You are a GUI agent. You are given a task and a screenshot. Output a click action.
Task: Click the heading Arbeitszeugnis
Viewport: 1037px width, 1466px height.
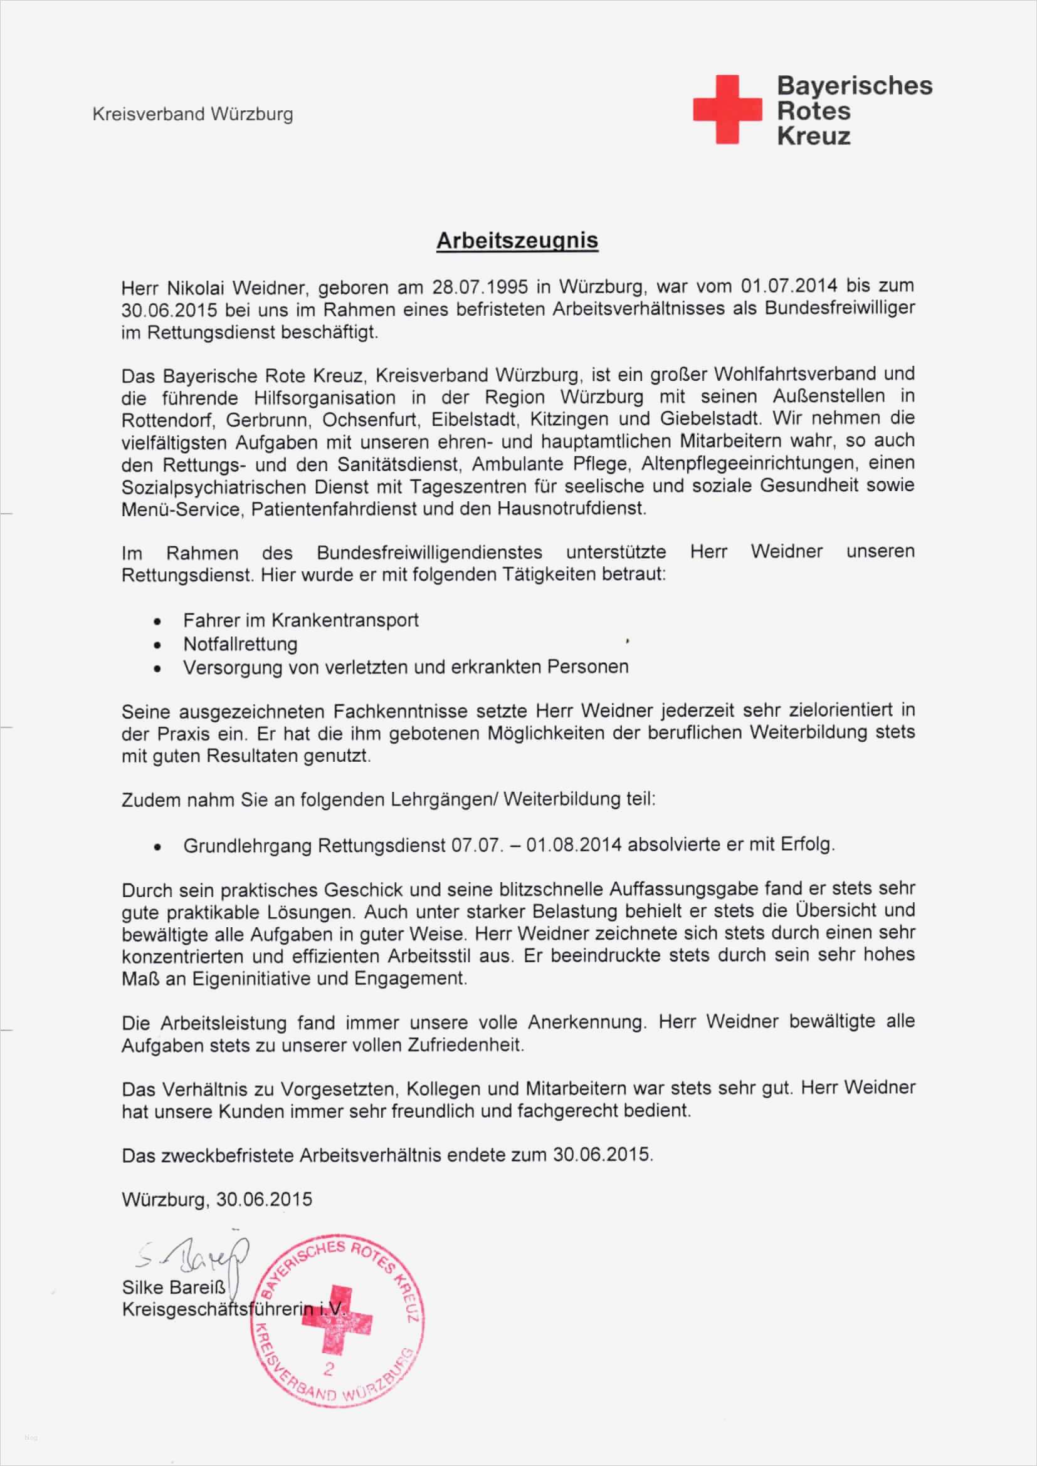point(517,241)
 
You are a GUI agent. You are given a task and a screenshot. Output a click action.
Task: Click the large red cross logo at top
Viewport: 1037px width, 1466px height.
point(727,109)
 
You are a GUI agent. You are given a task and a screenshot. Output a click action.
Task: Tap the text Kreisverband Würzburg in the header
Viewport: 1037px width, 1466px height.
point(193,115)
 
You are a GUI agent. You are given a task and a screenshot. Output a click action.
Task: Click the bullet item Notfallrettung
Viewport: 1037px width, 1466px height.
point(240,643)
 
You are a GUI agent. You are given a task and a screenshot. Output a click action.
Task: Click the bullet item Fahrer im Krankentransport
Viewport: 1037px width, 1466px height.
point(301,620)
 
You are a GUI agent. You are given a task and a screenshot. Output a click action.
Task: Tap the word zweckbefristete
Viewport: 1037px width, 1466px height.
point(232,1155)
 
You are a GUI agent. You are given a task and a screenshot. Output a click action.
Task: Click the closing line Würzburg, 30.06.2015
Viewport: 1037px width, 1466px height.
point(216,1199)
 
